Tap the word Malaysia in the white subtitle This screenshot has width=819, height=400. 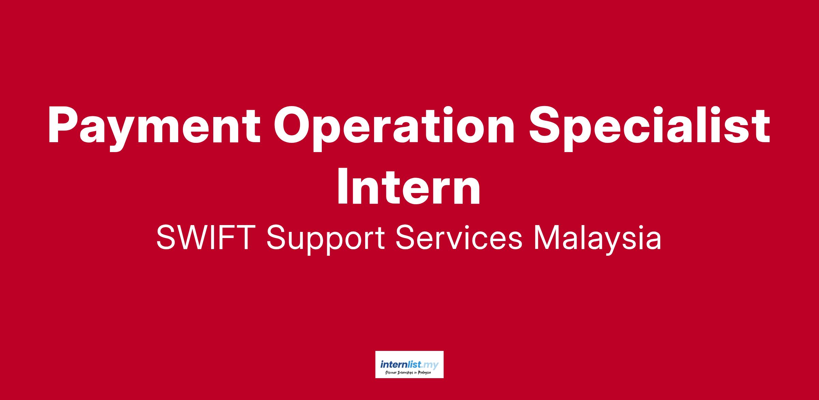tap(598, 241)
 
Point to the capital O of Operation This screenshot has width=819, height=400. tap(292, 125)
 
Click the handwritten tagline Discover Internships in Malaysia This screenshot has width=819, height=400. tap(408, 373)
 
